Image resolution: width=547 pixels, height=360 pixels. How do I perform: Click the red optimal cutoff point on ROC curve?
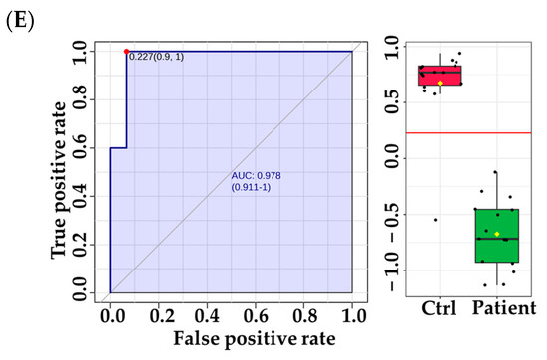(x=126, y=51)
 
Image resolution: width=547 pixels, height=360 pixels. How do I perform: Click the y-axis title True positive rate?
(x=61, y=171)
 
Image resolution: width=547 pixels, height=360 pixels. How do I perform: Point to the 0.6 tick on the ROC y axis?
(x=91, y=147)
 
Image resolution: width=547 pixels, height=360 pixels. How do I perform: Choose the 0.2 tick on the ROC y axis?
(x=91, y=245)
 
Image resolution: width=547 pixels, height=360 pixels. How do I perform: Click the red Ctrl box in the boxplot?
(x=440, y=76)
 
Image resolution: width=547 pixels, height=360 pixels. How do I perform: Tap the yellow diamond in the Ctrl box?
(x=440, y=83)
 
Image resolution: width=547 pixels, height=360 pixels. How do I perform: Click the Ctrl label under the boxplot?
(x=440, y=306)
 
